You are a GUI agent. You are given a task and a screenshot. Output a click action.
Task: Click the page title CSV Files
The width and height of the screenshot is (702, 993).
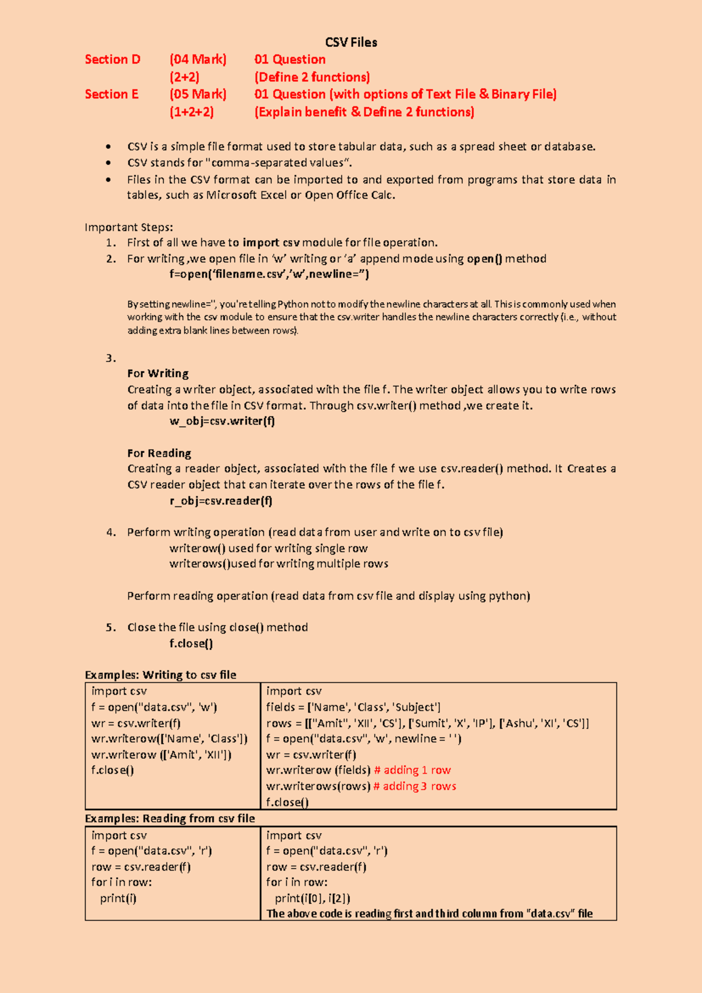point(351,42)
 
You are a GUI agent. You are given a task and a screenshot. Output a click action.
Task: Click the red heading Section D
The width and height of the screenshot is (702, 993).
point(112,59)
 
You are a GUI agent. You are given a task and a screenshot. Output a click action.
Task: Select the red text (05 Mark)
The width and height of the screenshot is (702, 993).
point(198,94)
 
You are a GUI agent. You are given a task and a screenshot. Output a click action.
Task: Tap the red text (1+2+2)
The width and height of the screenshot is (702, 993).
point(191,112)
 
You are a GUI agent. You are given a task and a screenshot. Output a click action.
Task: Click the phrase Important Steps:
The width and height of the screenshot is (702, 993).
point(129,227)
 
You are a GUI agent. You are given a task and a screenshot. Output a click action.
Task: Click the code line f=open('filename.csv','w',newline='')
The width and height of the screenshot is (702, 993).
point(269,274)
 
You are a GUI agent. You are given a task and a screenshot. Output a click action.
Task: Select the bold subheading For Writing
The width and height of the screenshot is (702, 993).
point(158,374)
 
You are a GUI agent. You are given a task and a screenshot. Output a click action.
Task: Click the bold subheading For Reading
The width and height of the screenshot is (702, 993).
point(159,453)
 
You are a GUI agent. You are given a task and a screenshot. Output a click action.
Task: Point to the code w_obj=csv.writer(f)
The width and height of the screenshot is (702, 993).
point(222,421)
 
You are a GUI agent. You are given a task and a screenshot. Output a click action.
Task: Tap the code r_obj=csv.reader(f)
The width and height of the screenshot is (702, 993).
point(221,501)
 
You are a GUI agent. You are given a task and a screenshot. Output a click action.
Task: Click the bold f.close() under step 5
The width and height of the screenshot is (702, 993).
point(191,643)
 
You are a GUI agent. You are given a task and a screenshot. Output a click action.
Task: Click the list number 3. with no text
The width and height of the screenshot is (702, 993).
point(111,358)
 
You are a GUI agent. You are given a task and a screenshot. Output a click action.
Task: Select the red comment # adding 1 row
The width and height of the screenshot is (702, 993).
point(412,771)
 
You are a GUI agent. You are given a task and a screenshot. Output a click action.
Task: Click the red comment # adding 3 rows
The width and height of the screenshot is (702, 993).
point(415,786)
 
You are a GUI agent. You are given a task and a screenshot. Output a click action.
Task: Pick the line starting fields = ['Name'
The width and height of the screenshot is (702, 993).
point(353,707)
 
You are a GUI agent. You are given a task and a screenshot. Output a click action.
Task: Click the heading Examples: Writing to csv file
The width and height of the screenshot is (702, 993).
point(160,675)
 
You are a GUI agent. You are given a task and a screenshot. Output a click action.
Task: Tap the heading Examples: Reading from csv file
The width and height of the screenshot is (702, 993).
point(170,819)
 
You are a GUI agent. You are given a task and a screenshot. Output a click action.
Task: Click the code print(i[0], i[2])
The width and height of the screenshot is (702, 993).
point(312,898)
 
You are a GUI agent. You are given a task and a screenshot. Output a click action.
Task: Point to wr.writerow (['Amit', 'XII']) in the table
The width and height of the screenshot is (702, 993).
point(161,755)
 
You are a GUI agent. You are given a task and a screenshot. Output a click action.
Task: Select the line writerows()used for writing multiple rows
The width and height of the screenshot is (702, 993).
point(278,564)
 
